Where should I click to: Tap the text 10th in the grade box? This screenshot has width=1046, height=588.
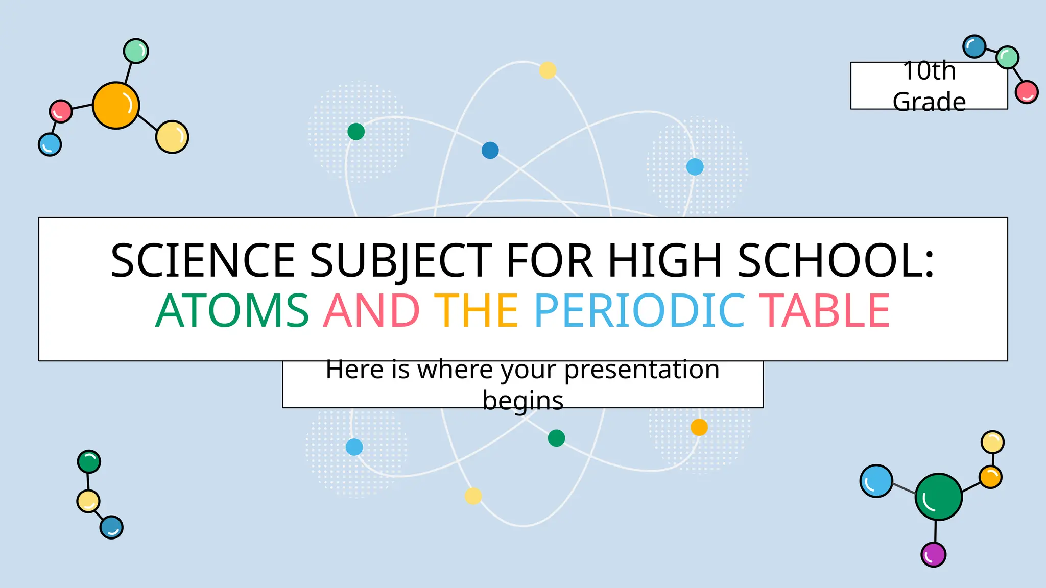pos(929,71)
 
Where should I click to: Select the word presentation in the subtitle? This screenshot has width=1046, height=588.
pos(641,369)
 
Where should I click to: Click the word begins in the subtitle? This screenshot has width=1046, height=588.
pos(523,400)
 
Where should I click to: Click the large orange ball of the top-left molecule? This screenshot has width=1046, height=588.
pos(116,106)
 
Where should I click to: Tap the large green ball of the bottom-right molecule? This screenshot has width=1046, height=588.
pos(938,497)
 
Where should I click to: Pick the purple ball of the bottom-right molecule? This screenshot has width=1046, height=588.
pos(933,554)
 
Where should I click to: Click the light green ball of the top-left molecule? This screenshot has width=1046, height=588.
pos(136,51)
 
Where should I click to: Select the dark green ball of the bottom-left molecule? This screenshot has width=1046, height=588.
pos(89,462)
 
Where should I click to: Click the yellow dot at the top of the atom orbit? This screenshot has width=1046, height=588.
pos(548,70)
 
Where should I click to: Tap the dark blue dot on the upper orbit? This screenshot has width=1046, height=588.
pos(490,150)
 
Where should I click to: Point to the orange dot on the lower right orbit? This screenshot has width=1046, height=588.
pos(699,427)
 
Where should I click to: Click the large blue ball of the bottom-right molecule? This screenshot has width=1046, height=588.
pos(876,481)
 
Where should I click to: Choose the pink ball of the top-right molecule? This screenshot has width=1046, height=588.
pos(1027,92)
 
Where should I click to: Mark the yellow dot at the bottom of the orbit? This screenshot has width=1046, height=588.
pos(473,496)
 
